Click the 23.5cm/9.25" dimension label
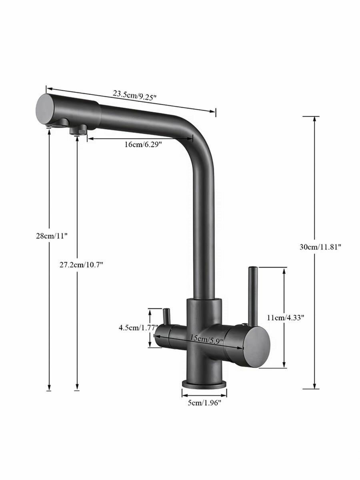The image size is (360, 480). point(134,96)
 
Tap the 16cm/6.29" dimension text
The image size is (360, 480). point(143,144)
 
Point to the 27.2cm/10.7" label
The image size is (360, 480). point(81,265)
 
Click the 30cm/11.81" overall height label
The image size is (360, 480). point(320,247)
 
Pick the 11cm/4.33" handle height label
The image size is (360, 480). point(286,318)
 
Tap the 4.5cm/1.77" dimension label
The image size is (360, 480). point(138,328)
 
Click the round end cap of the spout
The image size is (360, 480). point(45,110)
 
